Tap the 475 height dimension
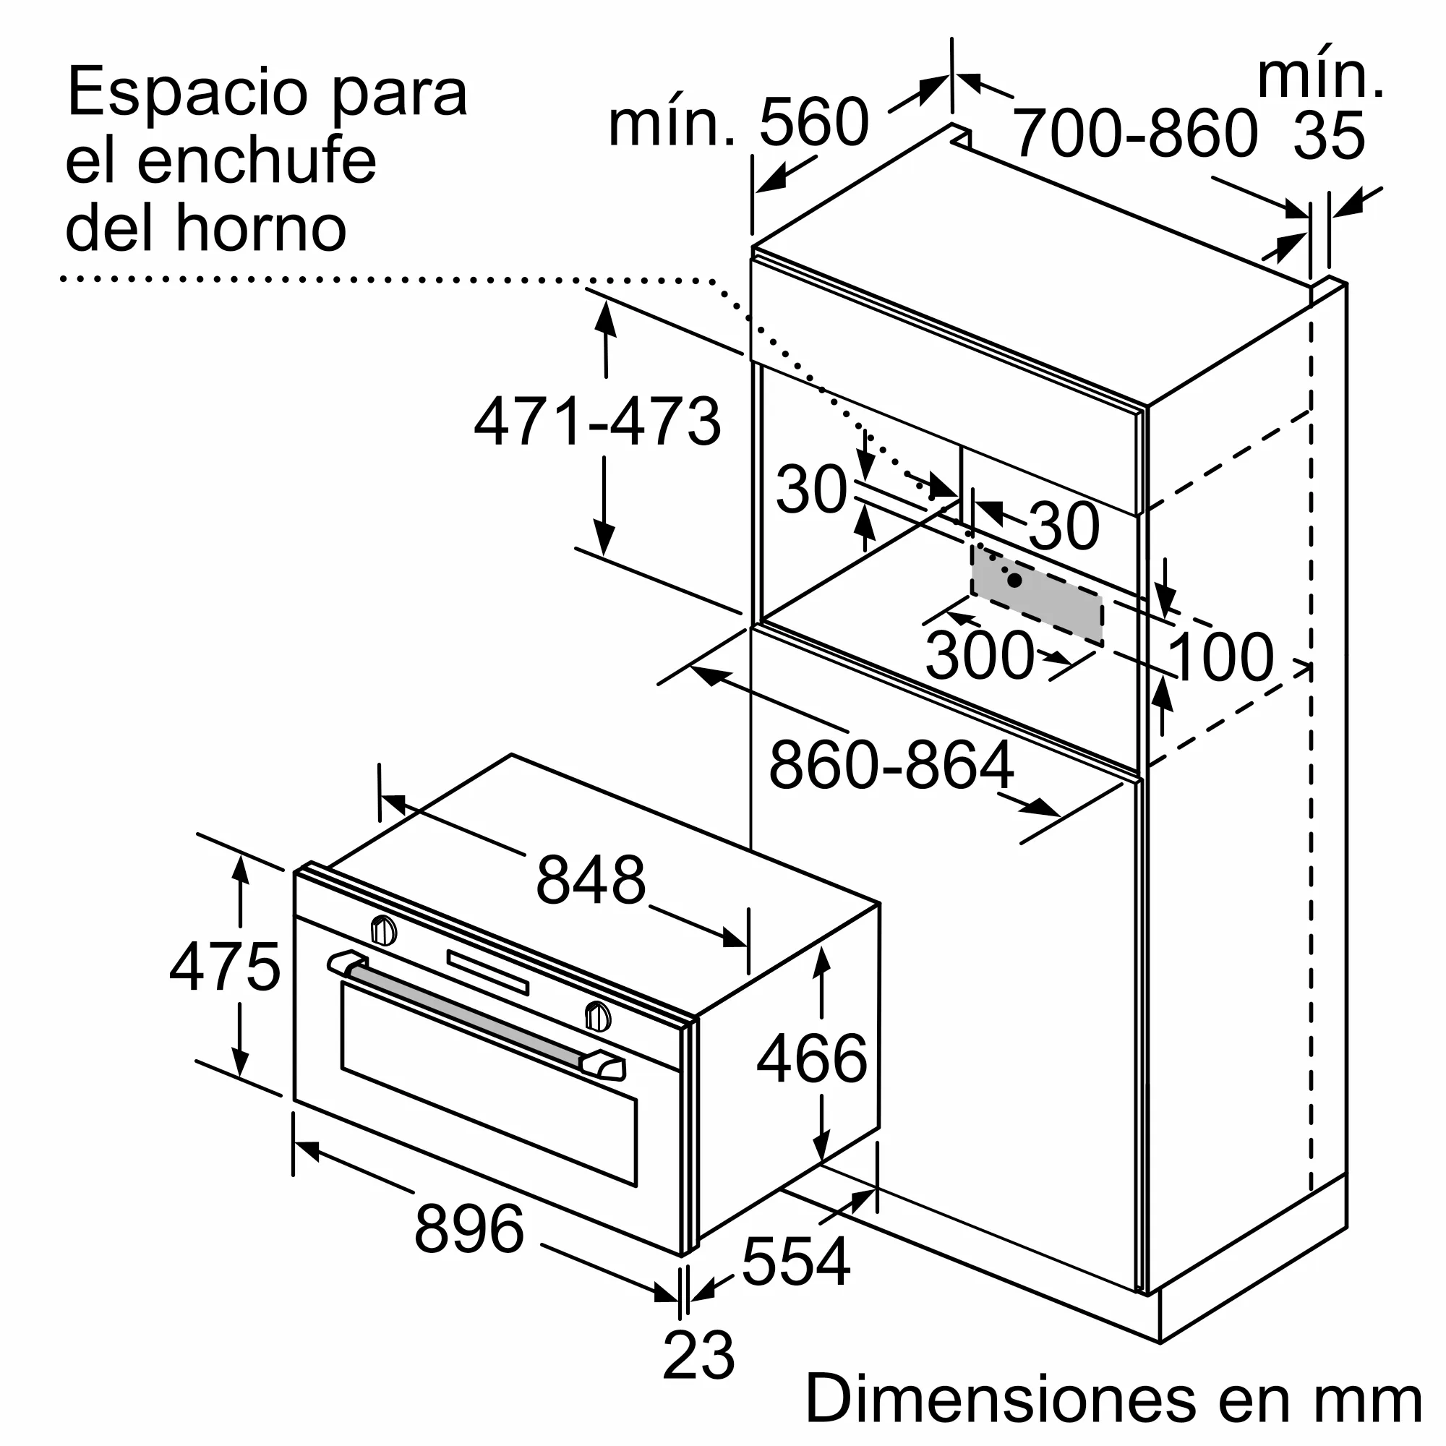pyautogui.click(x=225, y=967)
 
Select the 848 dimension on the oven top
pyautogui.click(x=591, y=880)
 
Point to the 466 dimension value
pyautogui.click(x=811, y=1058)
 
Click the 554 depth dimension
pyautogui.click(x=795, y=1261)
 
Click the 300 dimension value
pyautogui.click(x=979, y=656)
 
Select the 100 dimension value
pyautogui.click(x=1219, y=657)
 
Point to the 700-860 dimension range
pyautogui.click(x=1134, y=133)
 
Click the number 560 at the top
pyautogui.click(x=813, y=122)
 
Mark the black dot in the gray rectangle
pyautogui.click(x=1015, y=580)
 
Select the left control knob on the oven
pyautogui.click(x=384, y=931)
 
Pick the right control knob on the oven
pyautogui.click(x=597, y=1017)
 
